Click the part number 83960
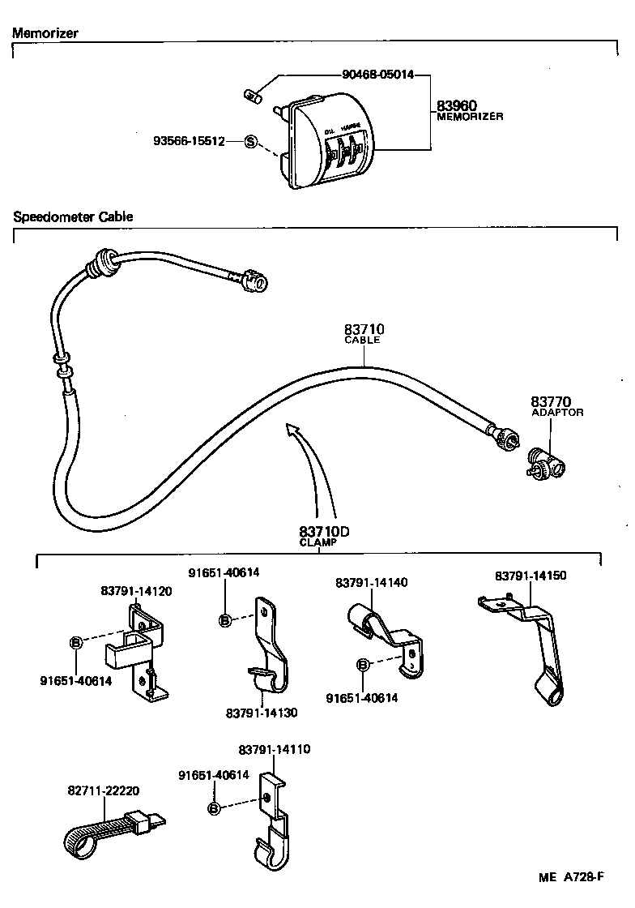pos(457,105)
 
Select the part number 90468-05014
pos(378,75)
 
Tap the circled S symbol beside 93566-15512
pos(250,141)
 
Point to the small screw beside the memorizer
pos(253,96)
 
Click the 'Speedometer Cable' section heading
pos(73,217)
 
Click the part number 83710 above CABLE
pos(364,329)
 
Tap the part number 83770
pos(552,401)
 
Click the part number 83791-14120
pos(136,592)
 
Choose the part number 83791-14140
pos(372,583)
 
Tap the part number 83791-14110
pos(275,750)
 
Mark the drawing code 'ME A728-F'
pos(572,877)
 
